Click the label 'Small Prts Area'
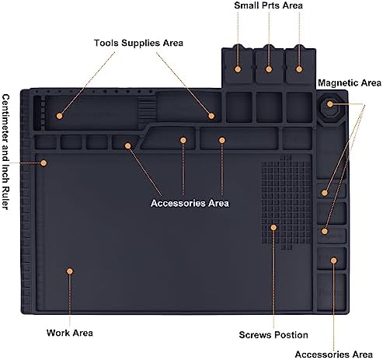tap(268, 5)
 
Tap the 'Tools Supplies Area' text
tap(138, 43)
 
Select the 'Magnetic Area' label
tap(350, 83)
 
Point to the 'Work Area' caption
tap(70, 333)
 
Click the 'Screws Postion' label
tap(273, 335)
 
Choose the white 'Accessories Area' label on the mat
tap(190, 203)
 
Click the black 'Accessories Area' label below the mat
tap(334, 355)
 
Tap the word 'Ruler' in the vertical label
tap(5, 197)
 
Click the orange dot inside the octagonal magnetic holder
tap(329, 104)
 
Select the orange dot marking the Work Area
tap(69, 271)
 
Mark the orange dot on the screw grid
tap(273, 228)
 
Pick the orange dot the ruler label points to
tap(44, 163)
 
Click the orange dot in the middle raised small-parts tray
tap(269, 69)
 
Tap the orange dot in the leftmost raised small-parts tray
tap(238, 69)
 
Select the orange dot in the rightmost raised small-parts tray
tap(299, 69)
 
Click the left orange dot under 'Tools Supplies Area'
tap(59, 116)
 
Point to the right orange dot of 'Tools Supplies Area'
tap(211, 116)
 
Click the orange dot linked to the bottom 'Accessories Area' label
tap(333, 260)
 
